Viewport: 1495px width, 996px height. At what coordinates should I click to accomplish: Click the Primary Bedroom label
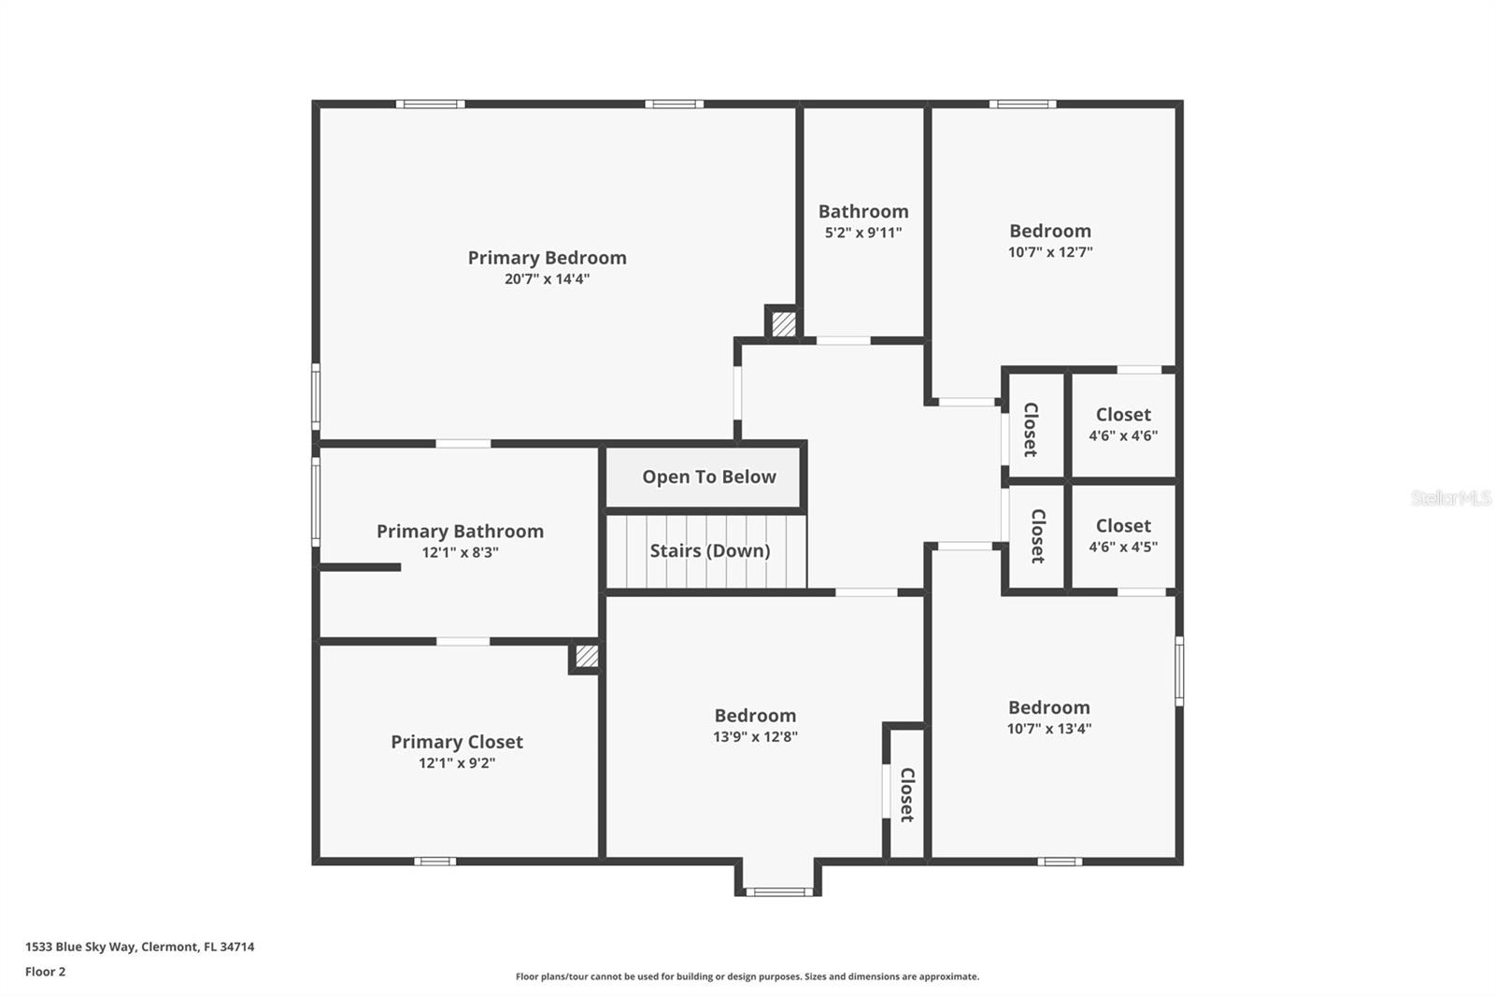547,258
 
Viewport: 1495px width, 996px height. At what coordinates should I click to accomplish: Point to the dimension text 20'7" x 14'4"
547,279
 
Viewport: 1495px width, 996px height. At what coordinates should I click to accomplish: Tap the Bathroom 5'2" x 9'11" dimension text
862,233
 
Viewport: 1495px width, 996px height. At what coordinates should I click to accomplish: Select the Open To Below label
708,477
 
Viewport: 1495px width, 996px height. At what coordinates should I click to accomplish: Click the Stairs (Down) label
709,550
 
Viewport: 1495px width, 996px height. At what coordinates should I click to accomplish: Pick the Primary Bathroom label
460,531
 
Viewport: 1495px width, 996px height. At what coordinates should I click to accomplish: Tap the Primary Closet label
456,742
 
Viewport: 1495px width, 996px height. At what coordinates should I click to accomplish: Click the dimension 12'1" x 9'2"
456,763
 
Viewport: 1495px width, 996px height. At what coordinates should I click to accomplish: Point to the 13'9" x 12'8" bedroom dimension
755,737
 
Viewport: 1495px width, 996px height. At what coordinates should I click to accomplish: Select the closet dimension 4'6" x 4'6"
1122,435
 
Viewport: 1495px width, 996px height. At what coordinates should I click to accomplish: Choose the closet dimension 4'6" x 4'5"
1122,547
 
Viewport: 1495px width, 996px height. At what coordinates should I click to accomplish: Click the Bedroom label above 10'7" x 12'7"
1049,231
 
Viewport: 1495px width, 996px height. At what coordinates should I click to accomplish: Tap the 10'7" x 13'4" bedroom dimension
1048,729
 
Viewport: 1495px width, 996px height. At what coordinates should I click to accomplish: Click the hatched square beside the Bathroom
783,324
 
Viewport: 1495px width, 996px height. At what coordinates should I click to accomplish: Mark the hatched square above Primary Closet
586,657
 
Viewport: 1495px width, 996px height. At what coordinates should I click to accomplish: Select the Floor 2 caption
45,972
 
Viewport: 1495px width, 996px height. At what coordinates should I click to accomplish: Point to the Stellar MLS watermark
1450,498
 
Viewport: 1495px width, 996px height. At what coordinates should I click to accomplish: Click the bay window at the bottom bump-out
778,891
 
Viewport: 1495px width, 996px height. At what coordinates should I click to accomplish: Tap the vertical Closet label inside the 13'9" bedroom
906,794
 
